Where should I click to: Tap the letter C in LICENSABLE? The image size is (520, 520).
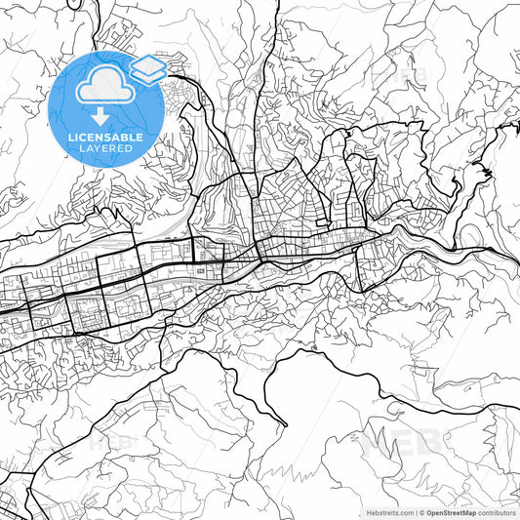click(82, 138)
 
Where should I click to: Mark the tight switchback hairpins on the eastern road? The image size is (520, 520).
click(480, 180)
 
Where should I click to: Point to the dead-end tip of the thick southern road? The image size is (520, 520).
click(287, 425)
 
